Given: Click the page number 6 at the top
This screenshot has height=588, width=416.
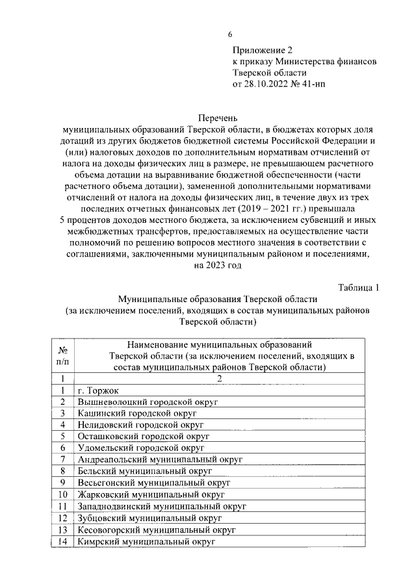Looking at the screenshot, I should click(229, 34).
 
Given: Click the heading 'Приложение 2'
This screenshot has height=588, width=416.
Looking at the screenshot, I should click(263, 49).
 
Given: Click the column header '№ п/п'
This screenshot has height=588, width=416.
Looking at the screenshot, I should click(62, 355).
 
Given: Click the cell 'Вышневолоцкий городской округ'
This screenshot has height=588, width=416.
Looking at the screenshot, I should click(146, 402).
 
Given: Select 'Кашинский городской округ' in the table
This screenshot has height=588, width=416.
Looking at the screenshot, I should click(137, 413).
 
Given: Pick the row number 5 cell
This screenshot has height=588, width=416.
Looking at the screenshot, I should click(62, 436).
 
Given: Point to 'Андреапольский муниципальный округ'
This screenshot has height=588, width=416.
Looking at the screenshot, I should click(159, 459).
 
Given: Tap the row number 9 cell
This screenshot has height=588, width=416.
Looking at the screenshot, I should click(62, 482).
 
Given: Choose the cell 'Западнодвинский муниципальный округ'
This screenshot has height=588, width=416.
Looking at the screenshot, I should click(162, 505).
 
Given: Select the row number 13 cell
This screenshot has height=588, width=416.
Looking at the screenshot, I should click(62, 529).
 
